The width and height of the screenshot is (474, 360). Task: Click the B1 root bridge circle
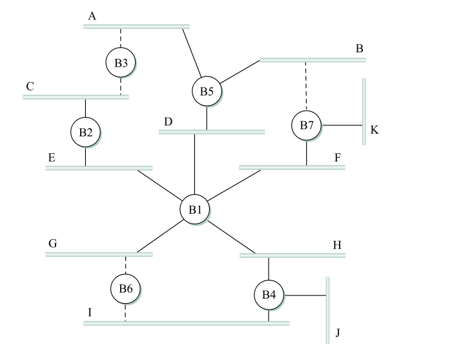click(x=195, y=209)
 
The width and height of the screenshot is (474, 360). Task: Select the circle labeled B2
click(x=85, y=132)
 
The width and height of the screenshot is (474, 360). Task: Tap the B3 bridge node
click(x=121, y=63)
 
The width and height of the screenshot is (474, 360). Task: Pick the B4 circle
click(x=269, y=295)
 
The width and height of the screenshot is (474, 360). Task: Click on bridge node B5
click(x=207, y=92)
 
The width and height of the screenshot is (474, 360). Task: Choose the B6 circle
click(x=125, y=289)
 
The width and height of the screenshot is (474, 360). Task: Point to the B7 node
click(x=307, y=125)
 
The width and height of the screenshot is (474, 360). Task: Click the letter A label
click(x=92, y=16)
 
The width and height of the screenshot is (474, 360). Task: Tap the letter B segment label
click(x=360, y=49)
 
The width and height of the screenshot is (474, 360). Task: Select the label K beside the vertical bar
click(x=375, y=131)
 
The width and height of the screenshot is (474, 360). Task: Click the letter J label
click(x=338, y=334)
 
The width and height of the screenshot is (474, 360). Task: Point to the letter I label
click(x=90, y=313)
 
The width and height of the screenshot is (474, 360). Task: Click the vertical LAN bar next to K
click(x=364, y=111)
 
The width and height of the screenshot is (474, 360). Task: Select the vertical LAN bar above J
click(x=328, y=310)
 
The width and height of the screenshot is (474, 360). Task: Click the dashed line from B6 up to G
click(x=125, y=265)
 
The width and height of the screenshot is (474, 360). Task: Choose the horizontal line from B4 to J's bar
click(x=305, y=295)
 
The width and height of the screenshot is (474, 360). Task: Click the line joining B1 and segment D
click(x=195, y=165)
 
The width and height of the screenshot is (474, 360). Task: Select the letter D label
click(x=168, y=122)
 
